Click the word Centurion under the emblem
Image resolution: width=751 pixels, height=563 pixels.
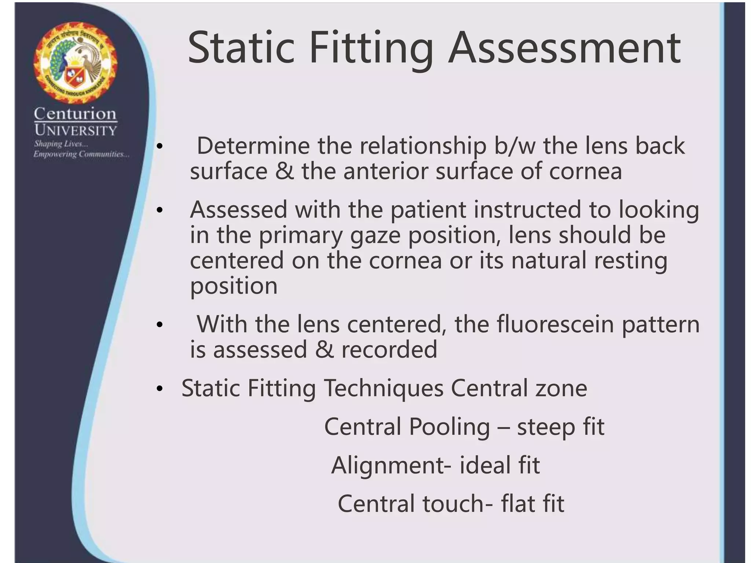tap(75, 114)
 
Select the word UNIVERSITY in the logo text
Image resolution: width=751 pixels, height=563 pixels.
tap(76, 130)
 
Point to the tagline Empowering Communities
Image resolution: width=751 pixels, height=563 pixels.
tap(81, 154)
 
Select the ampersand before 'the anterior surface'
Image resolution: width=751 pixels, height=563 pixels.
tap(285, 171)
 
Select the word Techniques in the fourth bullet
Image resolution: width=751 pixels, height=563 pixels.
tap(384, 388)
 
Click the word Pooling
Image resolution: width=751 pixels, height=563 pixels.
tap(449, 427)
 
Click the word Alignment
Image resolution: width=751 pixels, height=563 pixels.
tap(388, 466)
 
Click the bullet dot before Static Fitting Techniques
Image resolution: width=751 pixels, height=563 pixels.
tap(159, 389)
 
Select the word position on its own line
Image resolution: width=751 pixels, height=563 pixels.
tap(234, 287)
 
